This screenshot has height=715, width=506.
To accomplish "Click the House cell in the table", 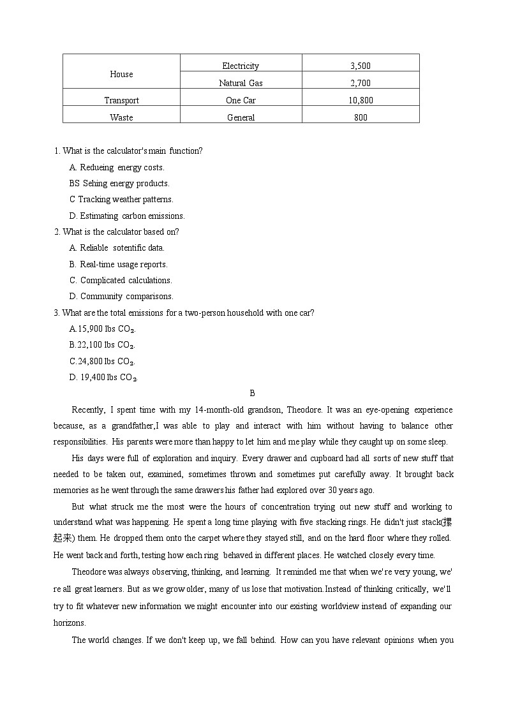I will point(121,74).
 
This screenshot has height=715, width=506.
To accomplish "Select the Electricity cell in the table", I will point(241,66).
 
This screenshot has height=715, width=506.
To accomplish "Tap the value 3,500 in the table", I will point(361,66).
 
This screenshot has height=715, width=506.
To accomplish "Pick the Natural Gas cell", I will point(241,83).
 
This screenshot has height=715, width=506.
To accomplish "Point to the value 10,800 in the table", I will point(361,100).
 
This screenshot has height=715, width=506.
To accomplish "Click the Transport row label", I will point(121,100).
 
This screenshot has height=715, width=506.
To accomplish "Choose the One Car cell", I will point(241,100).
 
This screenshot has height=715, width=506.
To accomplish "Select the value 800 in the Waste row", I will point(361,117).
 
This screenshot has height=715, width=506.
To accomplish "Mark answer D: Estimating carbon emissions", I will point(127,216).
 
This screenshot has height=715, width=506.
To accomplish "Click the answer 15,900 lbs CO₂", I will point(103,329).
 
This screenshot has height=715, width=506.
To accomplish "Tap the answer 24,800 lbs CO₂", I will point(102,361).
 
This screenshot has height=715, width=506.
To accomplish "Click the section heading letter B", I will point(252,394).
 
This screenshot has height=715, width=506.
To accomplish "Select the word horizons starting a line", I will point(70,623).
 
